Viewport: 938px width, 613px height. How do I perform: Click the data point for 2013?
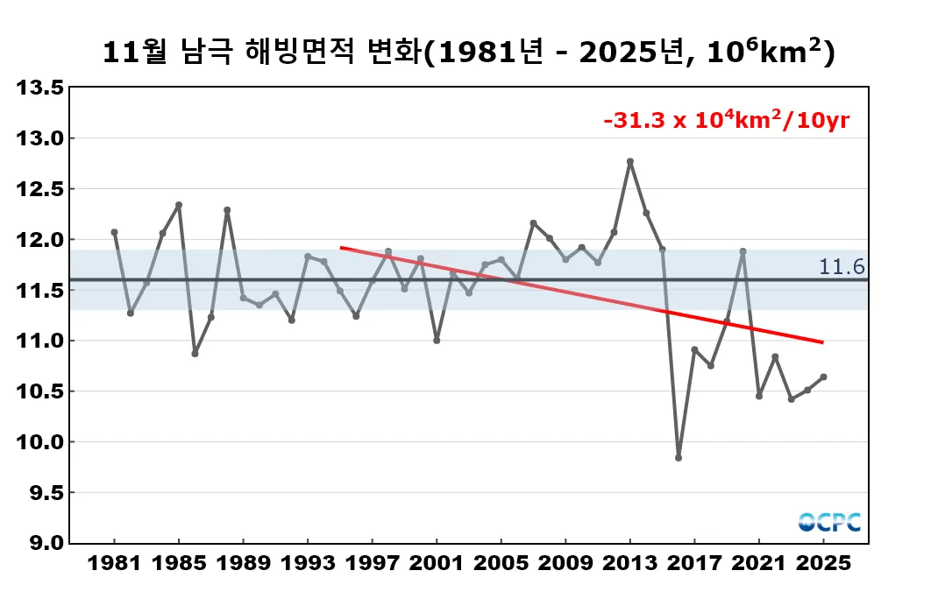pos(630,161)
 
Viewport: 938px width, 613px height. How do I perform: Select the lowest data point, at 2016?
pos(679,457)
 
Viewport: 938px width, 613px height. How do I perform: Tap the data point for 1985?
pos(179,205)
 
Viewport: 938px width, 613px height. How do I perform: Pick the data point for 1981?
pos(114,232)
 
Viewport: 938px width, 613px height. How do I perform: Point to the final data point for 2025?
pos(823,377)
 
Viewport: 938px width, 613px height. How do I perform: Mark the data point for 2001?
pos(437,340)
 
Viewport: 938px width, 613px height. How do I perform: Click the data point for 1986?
pos(195,354)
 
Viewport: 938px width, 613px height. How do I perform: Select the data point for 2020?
pos(743,251)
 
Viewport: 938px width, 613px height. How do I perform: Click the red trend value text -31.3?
pos(635,121)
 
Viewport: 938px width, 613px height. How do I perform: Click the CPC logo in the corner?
pos(829,522)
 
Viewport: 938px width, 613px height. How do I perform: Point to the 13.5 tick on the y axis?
pos(41,88)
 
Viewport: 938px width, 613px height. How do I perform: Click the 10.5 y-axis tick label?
pos(41,391)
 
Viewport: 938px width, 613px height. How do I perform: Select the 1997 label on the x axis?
pos(372,563)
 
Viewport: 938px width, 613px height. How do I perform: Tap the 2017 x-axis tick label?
pos(694,563)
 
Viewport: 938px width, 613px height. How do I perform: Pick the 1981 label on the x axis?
pos(114,563)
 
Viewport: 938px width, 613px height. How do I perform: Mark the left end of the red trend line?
pos(342,248)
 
